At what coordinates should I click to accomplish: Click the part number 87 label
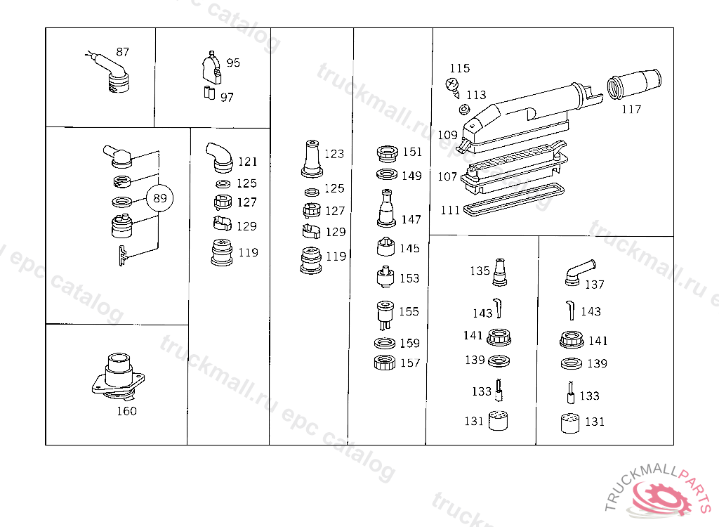[x=123, y=52]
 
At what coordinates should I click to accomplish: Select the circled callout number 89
[x=160, y=199]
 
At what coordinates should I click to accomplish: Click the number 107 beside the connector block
[x=447, y=176]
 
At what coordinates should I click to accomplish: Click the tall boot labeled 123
[x=310, y=160]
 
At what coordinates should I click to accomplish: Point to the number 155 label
[x=409, y=311]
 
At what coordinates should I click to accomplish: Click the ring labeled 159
[x=384, y=343]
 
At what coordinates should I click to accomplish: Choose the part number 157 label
[x=409, y=363]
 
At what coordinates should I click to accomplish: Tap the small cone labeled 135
[x=499, y=273]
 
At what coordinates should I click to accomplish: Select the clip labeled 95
[x=211, y=67]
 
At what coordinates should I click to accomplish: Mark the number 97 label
[x=227, y=98]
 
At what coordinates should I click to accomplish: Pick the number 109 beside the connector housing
[x=447, y=135]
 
